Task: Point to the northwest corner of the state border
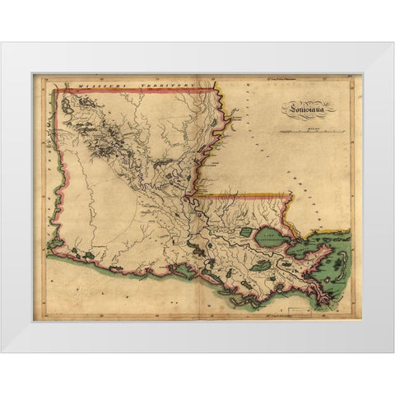(54, 91)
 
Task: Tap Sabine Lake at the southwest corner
(51, 246)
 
